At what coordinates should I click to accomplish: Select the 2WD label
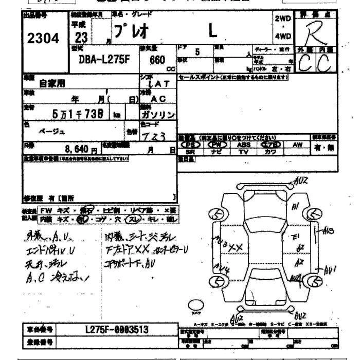click(283, 19)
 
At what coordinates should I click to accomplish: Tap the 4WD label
click(283, 36)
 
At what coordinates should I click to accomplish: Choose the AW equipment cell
click(297, 145)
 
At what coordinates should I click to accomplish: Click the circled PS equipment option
click(190, 145)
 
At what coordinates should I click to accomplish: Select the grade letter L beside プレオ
click(212, 32)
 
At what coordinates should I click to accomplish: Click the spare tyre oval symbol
click(195, 305)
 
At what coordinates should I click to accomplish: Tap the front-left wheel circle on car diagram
click(218, 213)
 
